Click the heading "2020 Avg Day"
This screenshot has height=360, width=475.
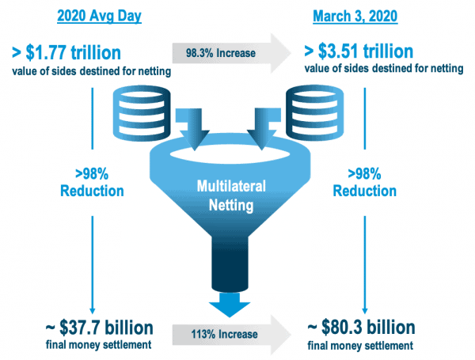click(x=99, y=16)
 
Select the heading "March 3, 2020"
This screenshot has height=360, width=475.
click(x=355, y=16)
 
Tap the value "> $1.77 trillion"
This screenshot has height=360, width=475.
click(x=66, y=52)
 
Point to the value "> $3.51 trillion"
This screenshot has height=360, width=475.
click(x=359, y=51)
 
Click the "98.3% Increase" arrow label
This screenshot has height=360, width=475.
click(x=221, y=53)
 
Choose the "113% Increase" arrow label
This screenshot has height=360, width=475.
click(x=224, y=334)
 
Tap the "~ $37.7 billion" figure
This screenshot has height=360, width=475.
click(x=100, y=328)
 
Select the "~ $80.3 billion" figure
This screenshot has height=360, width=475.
click(x=361, y=328)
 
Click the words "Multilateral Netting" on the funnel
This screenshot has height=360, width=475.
click(x=231, y=195)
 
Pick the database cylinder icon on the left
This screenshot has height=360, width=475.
click(x=142, y=113)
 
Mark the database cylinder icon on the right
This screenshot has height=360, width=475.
click(x=315, y=113)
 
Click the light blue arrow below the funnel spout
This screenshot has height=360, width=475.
click(x=230, y=305)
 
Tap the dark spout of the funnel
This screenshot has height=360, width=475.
click(x=230, y=263)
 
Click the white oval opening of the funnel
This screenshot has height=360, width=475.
click(x=230, y=154)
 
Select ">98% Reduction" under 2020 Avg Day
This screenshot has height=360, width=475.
click(x=92, y=183)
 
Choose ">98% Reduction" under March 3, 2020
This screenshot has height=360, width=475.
click(x=365, y=183)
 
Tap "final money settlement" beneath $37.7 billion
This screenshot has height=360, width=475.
click(x=98, y=344)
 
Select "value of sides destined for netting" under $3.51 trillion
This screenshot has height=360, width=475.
click(x=384, y=68)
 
